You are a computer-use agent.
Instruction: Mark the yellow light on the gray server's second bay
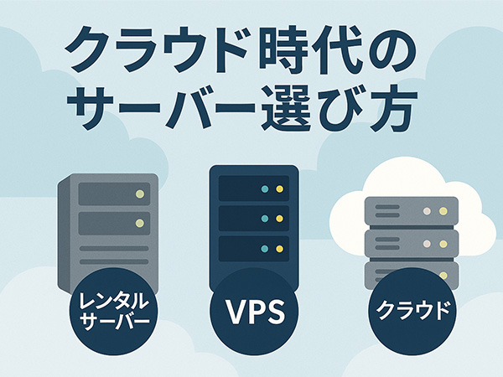click(x=140, y=223)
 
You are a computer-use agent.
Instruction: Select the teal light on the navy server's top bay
click(x=266, y=189)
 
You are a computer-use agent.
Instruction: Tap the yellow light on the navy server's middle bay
click(x=277, y=219)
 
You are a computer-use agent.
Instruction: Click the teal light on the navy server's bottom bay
click(x=266, y=248)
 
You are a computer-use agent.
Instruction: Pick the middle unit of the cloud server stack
click(x=411, y=245)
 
